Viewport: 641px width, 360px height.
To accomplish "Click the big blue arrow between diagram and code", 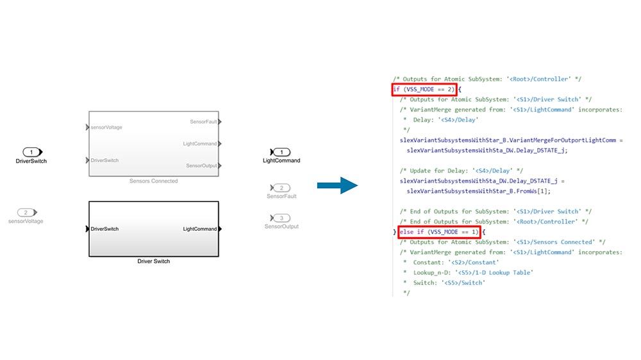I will [337, 186].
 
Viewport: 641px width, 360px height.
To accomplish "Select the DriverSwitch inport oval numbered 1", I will [31, 152].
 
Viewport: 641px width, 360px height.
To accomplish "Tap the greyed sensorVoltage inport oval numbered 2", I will [26, 212].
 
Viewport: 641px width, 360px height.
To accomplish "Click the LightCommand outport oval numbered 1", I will [281, 152].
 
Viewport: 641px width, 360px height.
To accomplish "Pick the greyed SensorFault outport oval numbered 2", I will [281, 188].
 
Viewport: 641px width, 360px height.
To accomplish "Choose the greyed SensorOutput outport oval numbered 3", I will [281, 218].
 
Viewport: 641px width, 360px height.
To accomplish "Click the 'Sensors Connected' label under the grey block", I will [153, 181].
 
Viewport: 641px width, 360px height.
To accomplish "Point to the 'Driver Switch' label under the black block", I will [153, 261].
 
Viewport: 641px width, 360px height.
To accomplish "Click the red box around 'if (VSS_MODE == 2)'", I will [424, 90].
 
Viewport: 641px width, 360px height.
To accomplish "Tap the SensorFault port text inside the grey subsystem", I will [203, 122].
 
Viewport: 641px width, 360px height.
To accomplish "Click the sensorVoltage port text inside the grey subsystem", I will [106, 127].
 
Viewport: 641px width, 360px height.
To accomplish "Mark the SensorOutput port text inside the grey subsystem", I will [201, 166].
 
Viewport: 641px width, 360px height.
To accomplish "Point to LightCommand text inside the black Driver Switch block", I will [200, 229].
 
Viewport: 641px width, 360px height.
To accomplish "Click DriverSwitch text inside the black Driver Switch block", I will [104, 229].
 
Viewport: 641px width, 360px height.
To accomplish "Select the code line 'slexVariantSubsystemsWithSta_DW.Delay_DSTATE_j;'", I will [487, 151].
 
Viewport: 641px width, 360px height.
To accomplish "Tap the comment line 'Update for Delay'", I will [462, 171].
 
